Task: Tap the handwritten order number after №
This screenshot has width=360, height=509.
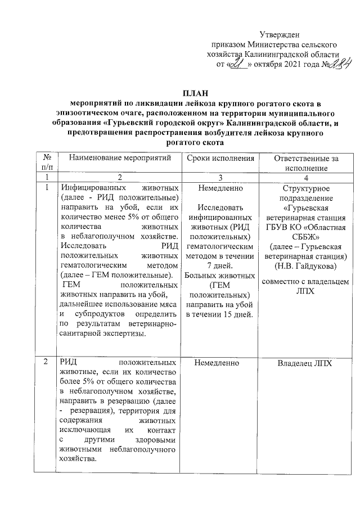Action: coord(329,63)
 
